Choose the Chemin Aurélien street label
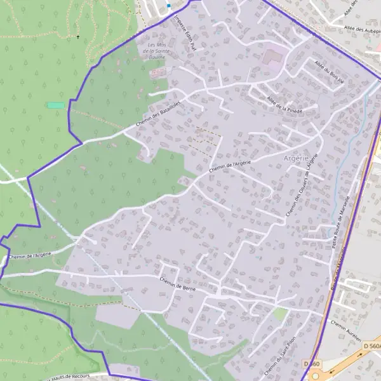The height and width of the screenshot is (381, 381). pyautogui.click(x=345, y=328)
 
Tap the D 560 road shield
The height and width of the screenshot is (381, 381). pyautogui.click(x=311, y=363)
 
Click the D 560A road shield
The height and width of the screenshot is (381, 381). pyautogui.click(x=373, y=345)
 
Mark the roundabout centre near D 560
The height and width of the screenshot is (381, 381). pyautogui.click(x=316, y=376)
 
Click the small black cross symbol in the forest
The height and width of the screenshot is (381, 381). pyautogui.click(x=78, y=37)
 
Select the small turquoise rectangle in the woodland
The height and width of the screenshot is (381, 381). pyautogui.click(x=56, y=105)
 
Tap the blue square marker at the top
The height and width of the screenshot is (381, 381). pyautogui.click(x=169, y=5)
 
